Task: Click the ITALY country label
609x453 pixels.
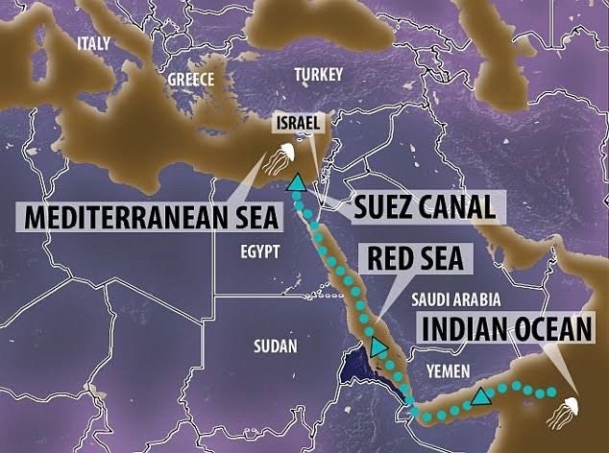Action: pos(93,43)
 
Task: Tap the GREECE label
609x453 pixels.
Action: pos(191,80)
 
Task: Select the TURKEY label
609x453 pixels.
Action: pos(318,74)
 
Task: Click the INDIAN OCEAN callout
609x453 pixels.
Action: pos(507,329)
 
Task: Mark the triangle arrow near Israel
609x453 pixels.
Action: pos(297,181)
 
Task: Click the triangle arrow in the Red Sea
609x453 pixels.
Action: pos(379,347)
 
